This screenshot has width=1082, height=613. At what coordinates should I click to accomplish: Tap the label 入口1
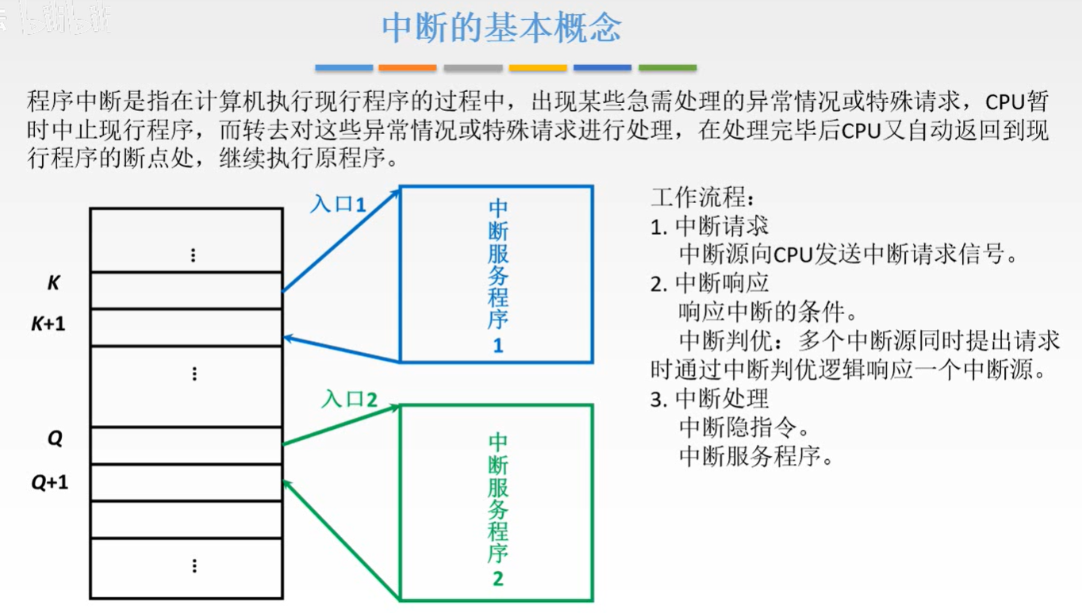click(x=338, y=204)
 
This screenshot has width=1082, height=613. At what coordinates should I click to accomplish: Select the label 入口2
click(x=349, y=398)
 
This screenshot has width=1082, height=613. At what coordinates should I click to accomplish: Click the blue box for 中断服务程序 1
click(x=497, y=274)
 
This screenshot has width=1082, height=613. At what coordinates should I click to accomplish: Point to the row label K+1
click(x=48, y=324)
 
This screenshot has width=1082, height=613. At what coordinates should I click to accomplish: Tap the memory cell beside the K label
click(x=186, y=290)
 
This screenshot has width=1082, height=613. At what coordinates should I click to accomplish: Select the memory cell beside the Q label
click(x=186, y=446)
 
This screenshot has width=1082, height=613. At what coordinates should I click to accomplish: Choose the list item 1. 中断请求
click(x=709, y=227)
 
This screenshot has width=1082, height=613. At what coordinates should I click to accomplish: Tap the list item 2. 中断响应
click(x=709, y=283)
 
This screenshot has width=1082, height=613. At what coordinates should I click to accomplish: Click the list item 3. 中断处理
click(x=709, y=398)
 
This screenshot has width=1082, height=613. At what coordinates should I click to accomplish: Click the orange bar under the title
click(x=408, y=68)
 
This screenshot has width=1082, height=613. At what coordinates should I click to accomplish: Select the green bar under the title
click(x=667, y=68)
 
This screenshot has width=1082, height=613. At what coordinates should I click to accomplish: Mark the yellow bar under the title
click(x=538, y=68)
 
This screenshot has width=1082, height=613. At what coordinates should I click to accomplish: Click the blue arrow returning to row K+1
click(x=341, y=350)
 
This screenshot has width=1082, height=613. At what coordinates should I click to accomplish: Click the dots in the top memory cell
click(x=193, y=255)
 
